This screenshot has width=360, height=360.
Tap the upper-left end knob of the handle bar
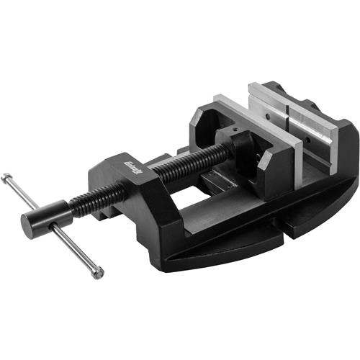(5, 176)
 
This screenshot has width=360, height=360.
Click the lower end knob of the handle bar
(97, 273)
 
